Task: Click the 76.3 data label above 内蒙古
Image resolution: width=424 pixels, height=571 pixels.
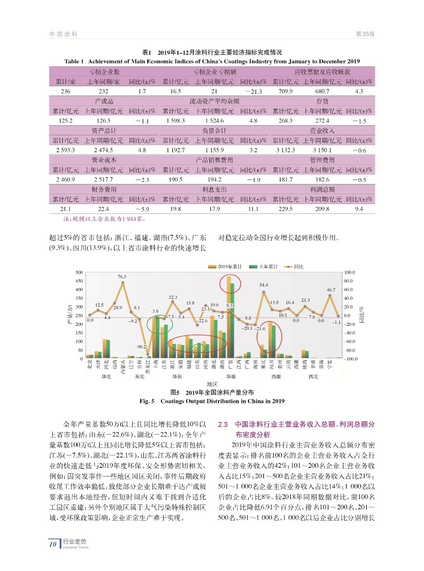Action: [122, 276]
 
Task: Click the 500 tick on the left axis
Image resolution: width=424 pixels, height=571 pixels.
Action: [79, 272]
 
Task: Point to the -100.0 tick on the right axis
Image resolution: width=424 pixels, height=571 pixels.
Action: [350, 359]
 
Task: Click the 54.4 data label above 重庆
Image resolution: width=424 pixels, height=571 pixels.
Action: [264, 285]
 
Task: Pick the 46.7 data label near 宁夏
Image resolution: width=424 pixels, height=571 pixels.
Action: [331, 290]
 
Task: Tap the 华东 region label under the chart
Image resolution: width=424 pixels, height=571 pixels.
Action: [177, 376]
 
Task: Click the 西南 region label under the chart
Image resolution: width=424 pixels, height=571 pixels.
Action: [276, 376]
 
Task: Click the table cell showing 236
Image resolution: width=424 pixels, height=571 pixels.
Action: [65, 91]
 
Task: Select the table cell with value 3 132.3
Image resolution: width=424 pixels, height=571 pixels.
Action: [285, 150]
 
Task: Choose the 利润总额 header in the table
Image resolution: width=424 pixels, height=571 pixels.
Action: [322, 189]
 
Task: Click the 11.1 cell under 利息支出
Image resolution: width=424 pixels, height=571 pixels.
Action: [253, 209]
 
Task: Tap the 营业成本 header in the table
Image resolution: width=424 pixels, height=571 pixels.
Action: [104, 160]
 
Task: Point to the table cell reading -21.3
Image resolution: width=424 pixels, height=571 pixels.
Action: [253, 91]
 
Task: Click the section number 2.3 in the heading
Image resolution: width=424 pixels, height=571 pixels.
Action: [223, 424]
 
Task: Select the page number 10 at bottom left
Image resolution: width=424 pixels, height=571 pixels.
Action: [53, 544]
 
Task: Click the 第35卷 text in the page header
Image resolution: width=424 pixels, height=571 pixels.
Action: [365, 34]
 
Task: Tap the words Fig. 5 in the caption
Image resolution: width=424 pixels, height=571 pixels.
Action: [147, 401]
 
